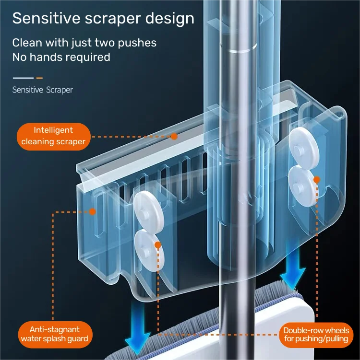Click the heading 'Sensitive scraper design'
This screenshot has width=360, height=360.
click(x=103, y=19)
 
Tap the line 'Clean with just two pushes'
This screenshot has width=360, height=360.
click(x=84, y=43)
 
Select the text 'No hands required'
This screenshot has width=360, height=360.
click(x=61, y=57)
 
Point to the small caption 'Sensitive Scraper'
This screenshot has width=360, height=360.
click(x=43, y=90)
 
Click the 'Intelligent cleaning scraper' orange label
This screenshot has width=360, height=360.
click(x=53, y=137)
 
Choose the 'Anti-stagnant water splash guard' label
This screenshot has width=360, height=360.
click(x=55, y=334)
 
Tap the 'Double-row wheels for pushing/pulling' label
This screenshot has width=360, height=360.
click(x=316, y=335)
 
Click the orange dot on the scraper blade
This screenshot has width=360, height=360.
click(x=174, y=137)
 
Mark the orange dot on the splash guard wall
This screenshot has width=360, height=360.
click(x=93, y=212)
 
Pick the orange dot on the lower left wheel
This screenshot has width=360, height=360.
click(x=158, y=245)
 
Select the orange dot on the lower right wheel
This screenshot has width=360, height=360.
click(x=317, y=180)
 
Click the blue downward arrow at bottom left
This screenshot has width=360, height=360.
click(x=138, y=328)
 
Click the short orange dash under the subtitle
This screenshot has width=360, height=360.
click(x=39, y=78)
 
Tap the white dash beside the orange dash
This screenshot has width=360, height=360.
click(x=23, y=78)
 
